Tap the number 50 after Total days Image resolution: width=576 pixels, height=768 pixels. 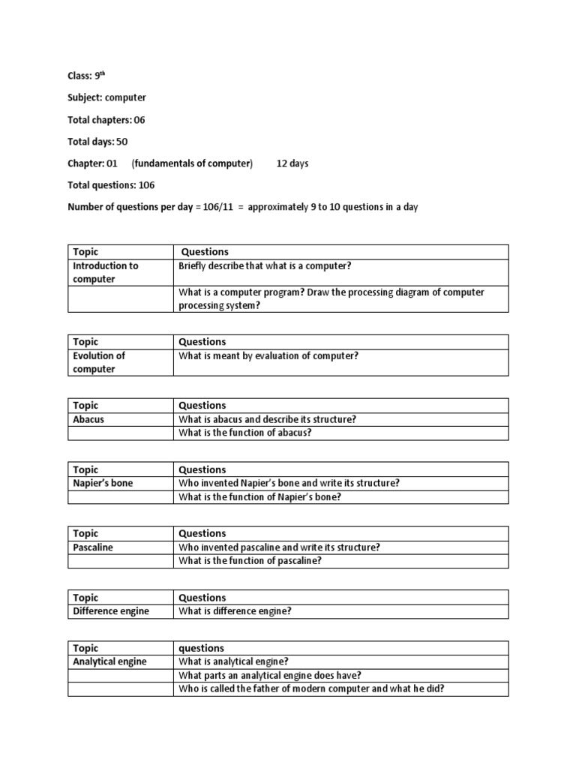(122, 141)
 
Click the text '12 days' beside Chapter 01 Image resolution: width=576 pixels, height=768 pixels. (292, 163)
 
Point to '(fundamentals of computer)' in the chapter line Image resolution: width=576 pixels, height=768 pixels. (193, 163)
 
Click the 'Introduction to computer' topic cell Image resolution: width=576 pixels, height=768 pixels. (106, 272)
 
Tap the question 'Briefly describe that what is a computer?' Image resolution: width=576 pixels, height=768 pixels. (265, 265)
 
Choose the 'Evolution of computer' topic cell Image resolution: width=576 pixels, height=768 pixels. (99, 362)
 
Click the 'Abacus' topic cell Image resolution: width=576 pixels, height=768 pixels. (88, 419)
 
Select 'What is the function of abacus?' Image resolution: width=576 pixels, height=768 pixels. (244, 433)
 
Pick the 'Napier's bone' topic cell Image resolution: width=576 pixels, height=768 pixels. (103, 483)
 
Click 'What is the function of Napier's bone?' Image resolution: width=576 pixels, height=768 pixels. (259, 496)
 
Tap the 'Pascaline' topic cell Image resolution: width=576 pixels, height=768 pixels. (93, 547)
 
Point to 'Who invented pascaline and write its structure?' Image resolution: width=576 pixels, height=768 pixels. (279, 547)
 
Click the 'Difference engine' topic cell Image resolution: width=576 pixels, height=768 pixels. (111, 611)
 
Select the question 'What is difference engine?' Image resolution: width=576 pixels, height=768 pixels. (235, 611)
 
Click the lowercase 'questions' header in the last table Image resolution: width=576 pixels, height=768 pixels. (201, 648)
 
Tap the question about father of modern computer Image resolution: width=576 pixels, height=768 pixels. (311, 688)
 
